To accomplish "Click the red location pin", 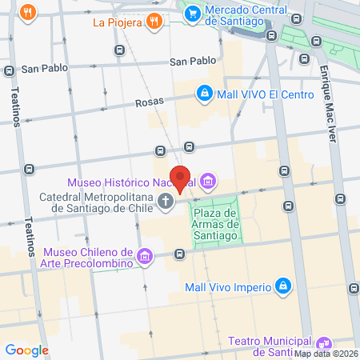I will click(180, 178).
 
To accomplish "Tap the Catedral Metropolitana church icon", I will click(166, 201).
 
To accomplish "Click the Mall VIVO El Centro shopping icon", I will click(205, 94).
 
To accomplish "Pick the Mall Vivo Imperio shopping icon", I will click(282, 286).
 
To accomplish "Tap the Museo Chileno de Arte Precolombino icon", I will click(145, 256).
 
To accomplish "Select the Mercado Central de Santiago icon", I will click(192, 13).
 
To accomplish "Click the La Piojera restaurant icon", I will click(156, 22).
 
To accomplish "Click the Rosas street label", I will click(149, 102).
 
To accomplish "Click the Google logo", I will click(26, 350).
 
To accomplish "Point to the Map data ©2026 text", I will click(326, 354).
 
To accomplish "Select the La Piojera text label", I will click(118, 22).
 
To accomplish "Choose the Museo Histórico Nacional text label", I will click(131, 182).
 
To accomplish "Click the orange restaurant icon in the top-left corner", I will click(28, 12).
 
